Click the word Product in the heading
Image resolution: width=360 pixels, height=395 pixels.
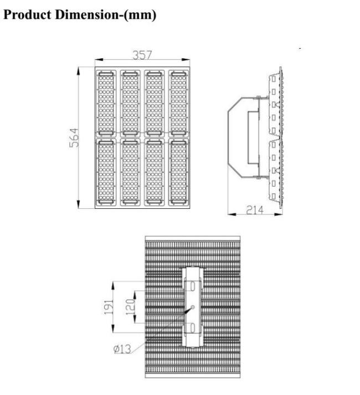(27, 14)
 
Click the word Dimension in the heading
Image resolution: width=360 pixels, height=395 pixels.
(86, 14)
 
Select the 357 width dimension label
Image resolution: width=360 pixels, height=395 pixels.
(142, 55)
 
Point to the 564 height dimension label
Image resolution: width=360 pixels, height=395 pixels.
(74, 138)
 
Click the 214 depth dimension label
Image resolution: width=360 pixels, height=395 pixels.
(255, 209)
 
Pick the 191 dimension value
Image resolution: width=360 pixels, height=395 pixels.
(109, 307)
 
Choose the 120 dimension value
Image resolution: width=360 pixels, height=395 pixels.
(131, 307)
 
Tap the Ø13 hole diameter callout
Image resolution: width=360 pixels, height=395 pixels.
(122, 349)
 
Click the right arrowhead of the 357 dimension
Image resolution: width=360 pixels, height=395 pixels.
(186, 60)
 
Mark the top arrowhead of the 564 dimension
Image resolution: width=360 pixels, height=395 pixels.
(78, 71)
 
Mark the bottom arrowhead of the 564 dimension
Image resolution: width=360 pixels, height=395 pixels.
(78, 204)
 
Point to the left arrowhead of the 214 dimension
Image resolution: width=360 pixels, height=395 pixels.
(232, 214)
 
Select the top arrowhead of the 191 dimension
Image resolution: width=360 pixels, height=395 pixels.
(112, 285)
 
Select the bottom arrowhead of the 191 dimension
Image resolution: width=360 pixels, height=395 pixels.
(112, 329)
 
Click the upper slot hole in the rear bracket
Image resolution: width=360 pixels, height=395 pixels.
(193, 286)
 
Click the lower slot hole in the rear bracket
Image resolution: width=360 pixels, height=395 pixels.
(193, 328)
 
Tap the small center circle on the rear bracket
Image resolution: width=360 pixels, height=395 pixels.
(193, 307)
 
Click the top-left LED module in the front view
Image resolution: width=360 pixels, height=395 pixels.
(106, 103)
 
